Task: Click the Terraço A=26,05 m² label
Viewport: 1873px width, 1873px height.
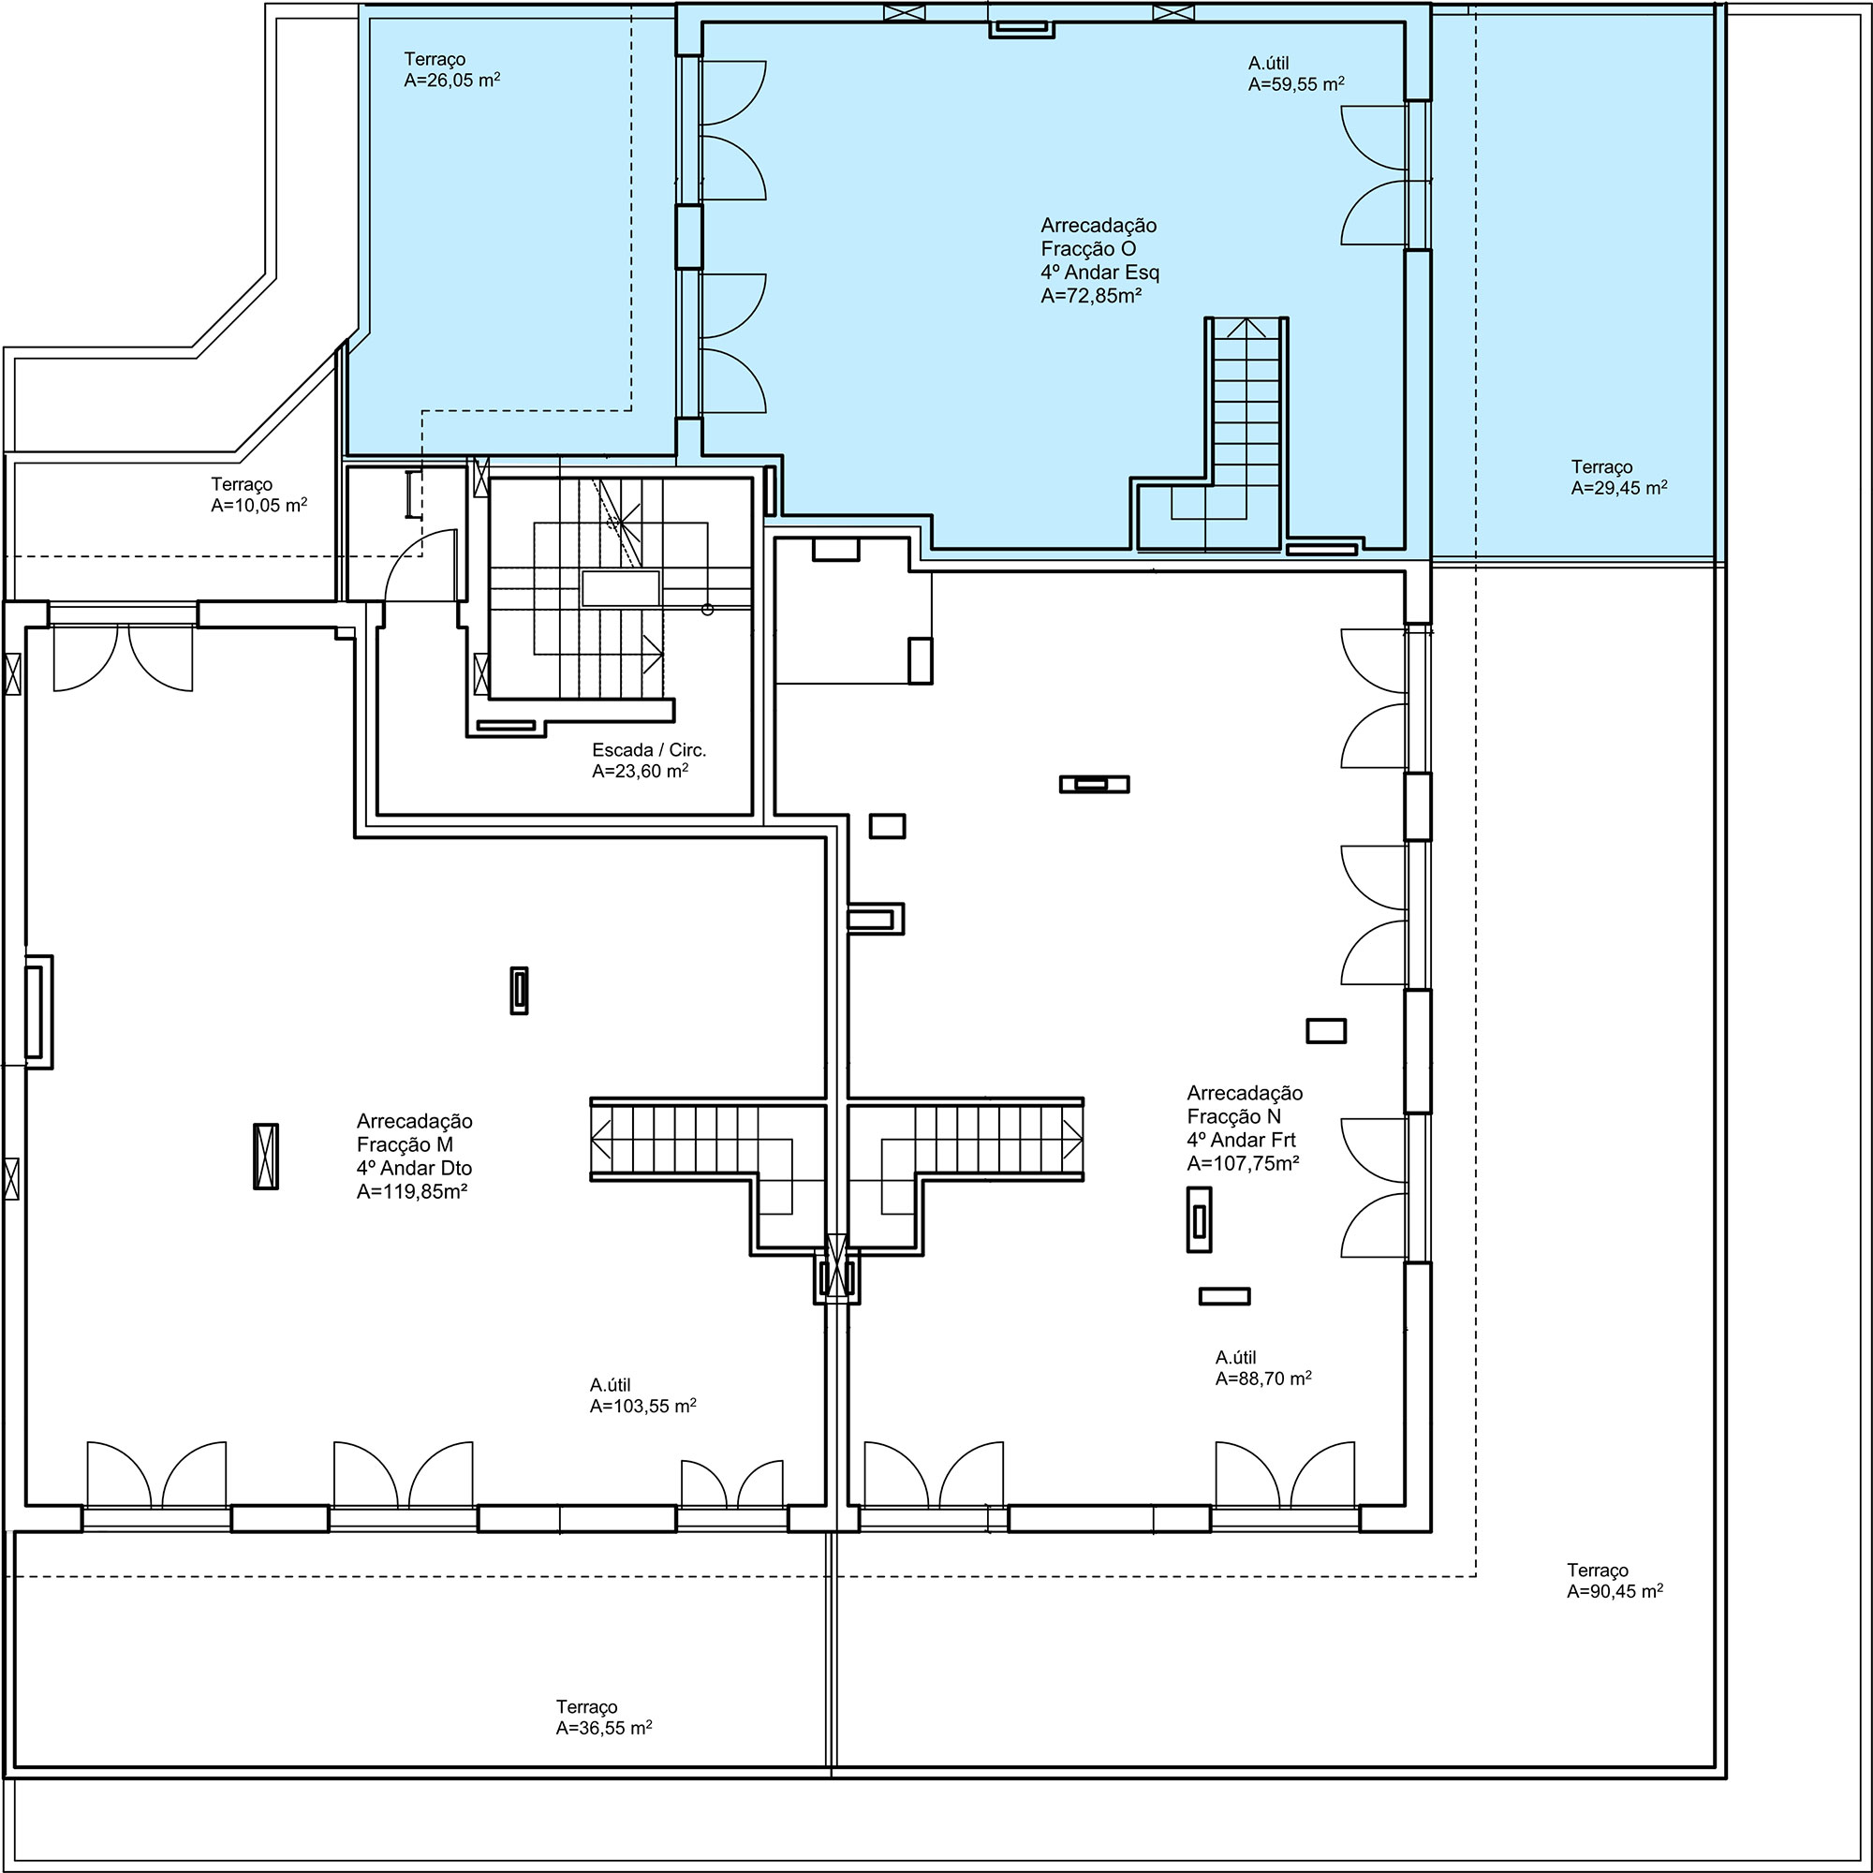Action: pyautogui.click(x=451, y=71)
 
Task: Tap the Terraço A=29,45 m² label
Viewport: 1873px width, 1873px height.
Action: pyautogui.click(x=1619, y=478)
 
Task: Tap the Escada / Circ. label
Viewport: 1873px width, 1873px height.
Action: pyautogui.click(x=650, y=750)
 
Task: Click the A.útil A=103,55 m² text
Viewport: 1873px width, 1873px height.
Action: pyautogui.click(x=642, y=1396)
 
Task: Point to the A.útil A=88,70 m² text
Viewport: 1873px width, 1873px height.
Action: pyautogui.click(x=1263, y=1368)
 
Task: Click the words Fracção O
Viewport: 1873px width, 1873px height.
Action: pyautogui.click(x=1087, y=249)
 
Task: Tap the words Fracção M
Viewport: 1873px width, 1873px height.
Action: pyautogui.click(x=405, y=1145)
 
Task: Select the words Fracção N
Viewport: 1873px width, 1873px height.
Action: pyautogui.click(x=1234, y=1117)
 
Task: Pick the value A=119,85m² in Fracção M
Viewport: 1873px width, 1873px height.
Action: pyautogui.click(x=412, y=1192)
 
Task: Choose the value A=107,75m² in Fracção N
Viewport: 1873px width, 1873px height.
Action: pyautogui.click(x=1243, y=1164)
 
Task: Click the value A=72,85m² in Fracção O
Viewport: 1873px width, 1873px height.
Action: pyautogui.click(x=1091, y=297)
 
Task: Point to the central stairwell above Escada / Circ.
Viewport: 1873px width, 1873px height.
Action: pyautogui.click(x=621, y=589)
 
